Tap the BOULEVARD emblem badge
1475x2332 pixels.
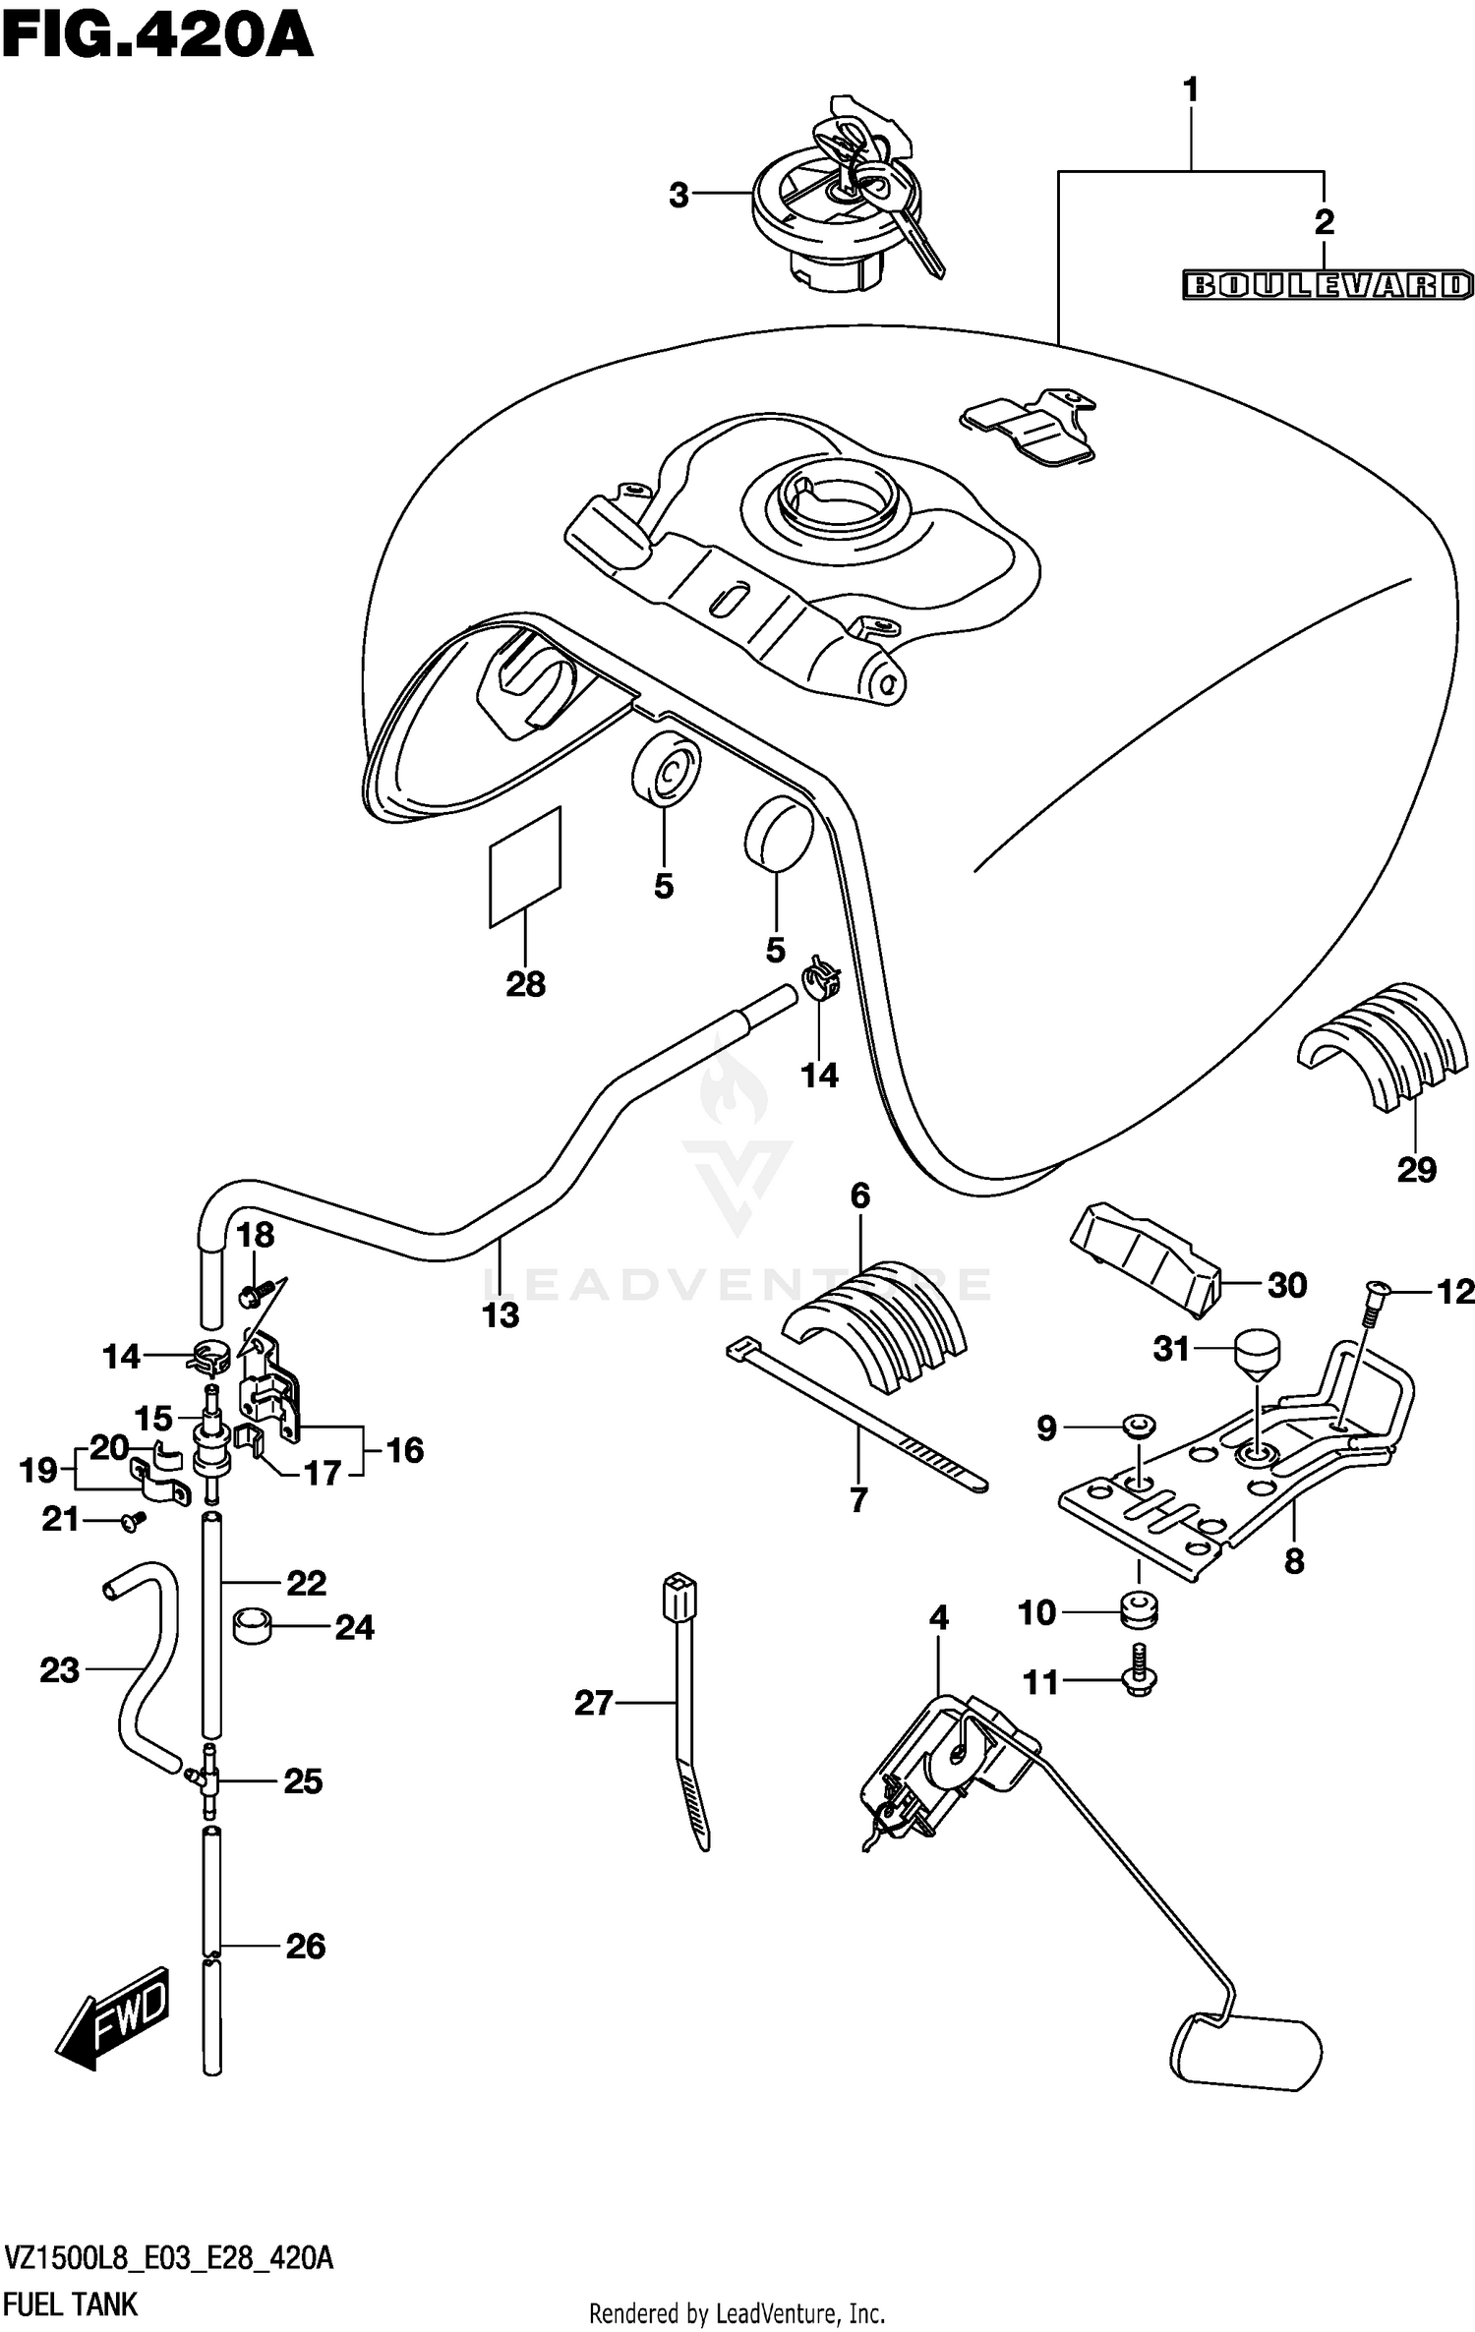click(1327, 285)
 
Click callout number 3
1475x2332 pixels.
click(678, 196)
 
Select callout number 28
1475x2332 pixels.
click(525, 984)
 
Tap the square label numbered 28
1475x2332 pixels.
click(525, 868)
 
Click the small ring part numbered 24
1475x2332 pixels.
click(251, 1627)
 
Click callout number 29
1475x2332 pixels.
click(1416, 1169)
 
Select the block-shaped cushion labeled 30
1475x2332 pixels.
click(1146, 1257)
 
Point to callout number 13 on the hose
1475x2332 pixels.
click(500, 1314)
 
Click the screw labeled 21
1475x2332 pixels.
click(133, 1521)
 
